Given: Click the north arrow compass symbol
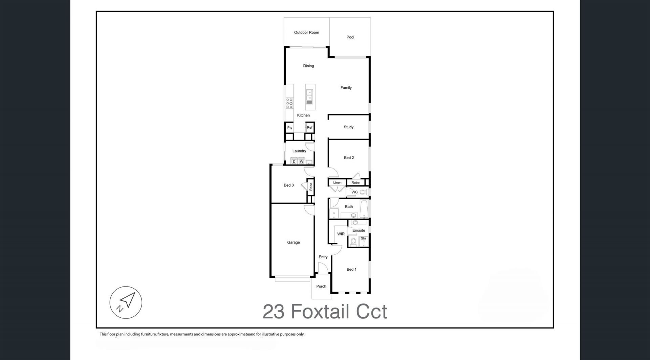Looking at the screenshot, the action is point(126,302).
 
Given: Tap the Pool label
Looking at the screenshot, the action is point(350,37).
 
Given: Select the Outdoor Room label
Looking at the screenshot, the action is point(306,33).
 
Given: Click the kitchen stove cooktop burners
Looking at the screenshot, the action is point(289,103).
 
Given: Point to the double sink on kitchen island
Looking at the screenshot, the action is point(309,97).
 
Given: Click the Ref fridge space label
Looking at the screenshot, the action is point(309,128).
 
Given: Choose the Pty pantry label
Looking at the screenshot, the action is point(290,128).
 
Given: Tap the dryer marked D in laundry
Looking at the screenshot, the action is point(294,162).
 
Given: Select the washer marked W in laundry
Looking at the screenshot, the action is point(301,162).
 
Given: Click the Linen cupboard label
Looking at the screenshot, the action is point(337,183).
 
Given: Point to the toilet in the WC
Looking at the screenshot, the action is point(364,192).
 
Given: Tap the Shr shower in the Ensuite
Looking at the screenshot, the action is point(364,241).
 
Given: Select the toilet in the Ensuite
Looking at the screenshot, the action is point(353,241).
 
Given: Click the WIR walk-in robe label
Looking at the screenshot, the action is point(341,234).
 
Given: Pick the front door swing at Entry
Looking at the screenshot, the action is point(323,268).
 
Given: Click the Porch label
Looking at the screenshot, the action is point(321,287).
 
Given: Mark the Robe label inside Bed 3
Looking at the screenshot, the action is point(311,187).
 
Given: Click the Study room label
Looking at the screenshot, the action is point(349,127).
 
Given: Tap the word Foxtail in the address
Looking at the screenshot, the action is point(320,312).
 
